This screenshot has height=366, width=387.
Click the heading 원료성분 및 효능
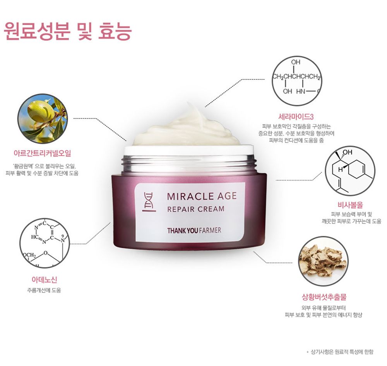click(x=68, y=31)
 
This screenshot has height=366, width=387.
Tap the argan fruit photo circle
click(x=43, y=119)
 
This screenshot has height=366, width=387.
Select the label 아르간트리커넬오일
click(x=42, y=153)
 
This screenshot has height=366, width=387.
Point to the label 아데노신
click(x=44, y=280)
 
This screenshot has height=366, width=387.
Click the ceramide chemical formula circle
click(x=297, y=81)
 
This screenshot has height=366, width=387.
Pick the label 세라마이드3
click(x=296, y=117)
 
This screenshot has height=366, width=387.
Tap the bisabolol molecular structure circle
click(x=350, y=171)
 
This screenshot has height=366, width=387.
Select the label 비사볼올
click(x=350, y=205)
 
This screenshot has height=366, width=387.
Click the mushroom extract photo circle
click(x=323, y=261)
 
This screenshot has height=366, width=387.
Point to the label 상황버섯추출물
click(x=324, y=297)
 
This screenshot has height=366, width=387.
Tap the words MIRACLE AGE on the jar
click(x=202, y=196)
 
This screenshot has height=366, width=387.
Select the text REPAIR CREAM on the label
click(x=196, y=209)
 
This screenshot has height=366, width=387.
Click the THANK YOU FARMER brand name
click(x=194, y=230)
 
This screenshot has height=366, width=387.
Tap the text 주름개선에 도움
click(x=44, y=290)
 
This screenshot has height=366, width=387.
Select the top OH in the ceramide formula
click(x=296, y=62)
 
